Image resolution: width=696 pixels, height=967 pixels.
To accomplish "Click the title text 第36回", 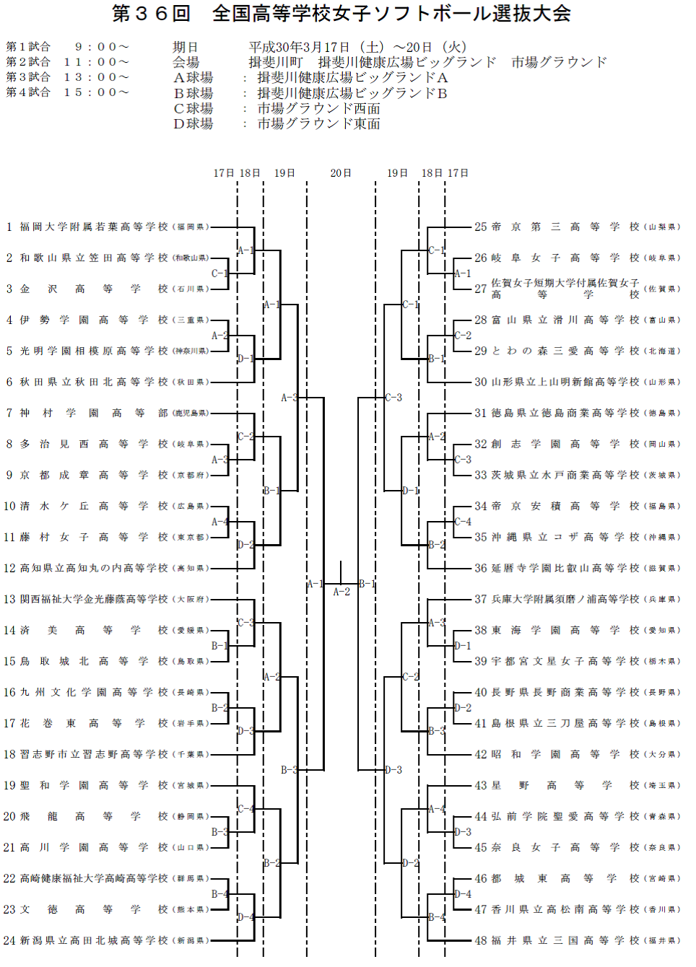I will tap(151, 14).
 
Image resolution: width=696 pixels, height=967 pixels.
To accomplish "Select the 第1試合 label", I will tap(28, 47).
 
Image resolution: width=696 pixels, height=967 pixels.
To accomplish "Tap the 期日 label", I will tap(186, 48).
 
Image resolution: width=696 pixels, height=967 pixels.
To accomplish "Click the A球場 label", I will tap(193, 78).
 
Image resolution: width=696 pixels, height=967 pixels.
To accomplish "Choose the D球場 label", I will tap(193, 124).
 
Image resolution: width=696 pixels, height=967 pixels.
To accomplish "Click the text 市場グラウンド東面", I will tap(318, 124).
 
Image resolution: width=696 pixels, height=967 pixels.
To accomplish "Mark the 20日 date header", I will tap(341, 173).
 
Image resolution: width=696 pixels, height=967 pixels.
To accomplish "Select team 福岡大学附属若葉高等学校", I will tap(94, 227).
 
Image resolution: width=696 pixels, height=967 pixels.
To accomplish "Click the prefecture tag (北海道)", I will tap(662, 351).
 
